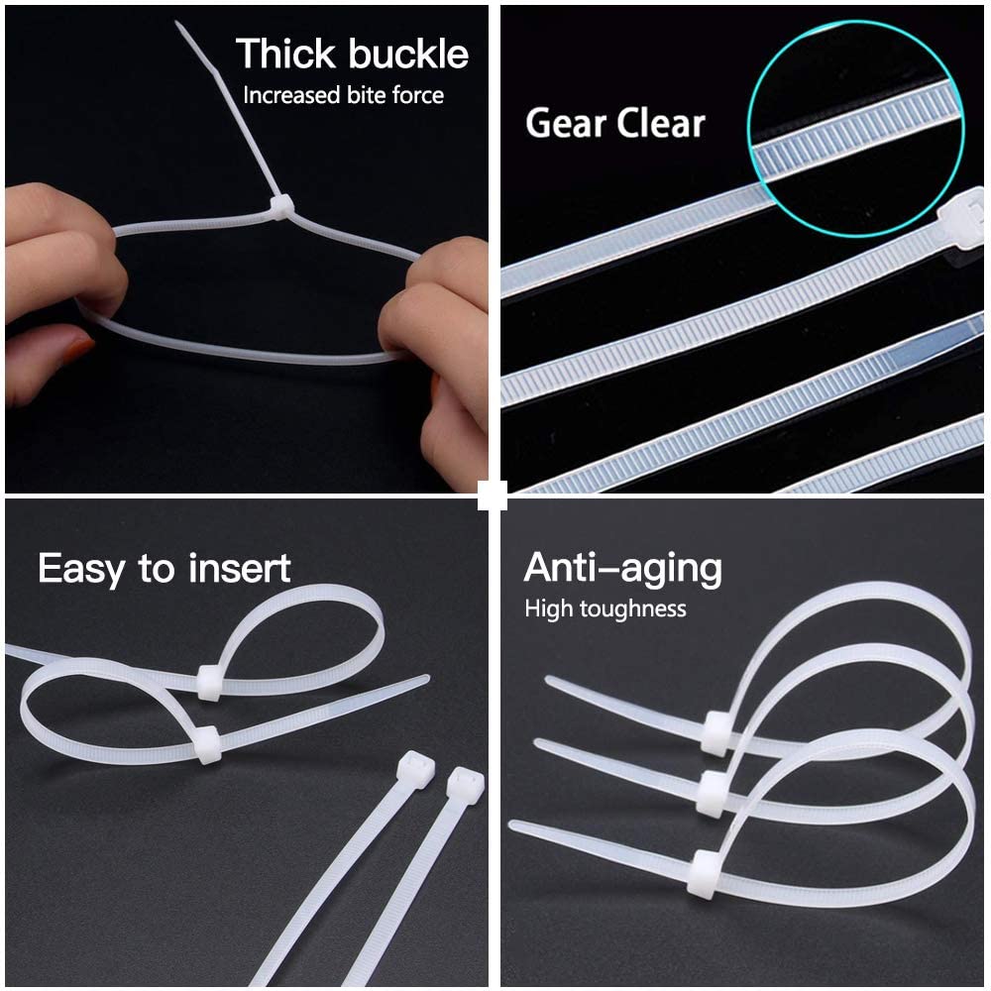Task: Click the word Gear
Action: coord(566,123)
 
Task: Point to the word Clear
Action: coord(660,123)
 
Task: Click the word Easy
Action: coord(81,570)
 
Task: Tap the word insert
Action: coord(239,568)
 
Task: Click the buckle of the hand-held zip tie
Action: coord(281,207)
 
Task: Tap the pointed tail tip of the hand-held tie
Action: coord(178,24)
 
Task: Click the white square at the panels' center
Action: coord(493,495)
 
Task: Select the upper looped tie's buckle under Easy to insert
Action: coord(209,682)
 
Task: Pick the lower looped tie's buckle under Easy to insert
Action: coord(206,744)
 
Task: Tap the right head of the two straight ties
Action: coord(465,786)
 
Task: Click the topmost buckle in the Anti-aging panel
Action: coord(716,733)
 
